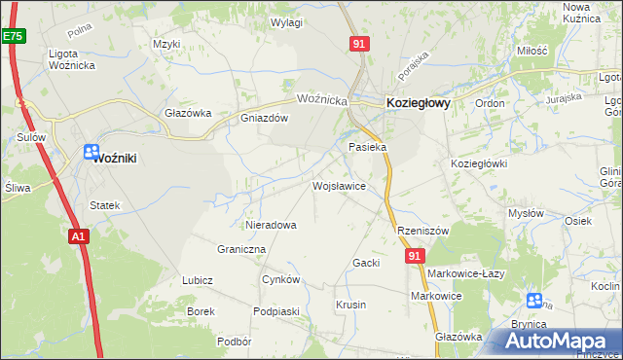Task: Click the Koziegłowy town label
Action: pos(418,101)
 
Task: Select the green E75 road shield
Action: pos(12,36)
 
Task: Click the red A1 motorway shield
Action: pos(80,235)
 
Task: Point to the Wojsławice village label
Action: pos(338,185)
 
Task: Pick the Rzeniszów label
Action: pos(422,231)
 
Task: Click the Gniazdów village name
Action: pos(265,118)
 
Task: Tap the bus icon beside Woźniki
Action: pos(92,151)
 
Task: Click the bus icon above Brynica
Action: pos(533,301)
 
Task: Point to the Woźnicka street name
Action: pos(322,100)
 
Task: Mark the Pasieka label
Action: pos(368,147)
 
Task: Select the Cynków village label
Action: pos(280,279)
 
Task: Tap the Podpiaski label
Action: pos(275,310)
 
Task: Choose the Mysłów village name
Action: pos(527,213)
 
